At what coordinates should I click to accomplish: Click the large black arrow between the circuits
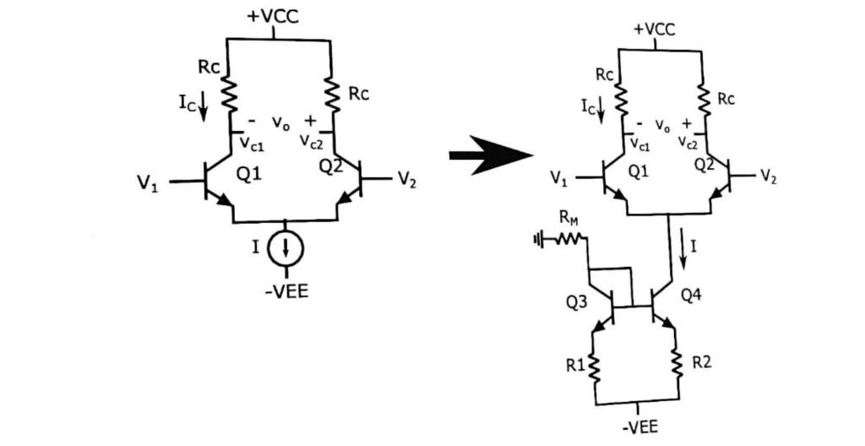tap(490, 156)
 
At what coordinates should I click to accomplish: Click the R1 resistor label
tap(575, 366)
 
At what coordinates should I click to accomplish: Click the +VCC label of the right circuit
tap(656, 29)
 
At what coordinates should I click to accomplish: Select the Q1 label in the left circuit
tap(251, 175)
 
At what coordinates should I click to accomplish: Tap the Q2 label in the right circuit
tap(705, 165)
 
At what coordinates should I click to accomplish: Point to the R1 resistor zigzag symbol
tap(596, 366)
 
